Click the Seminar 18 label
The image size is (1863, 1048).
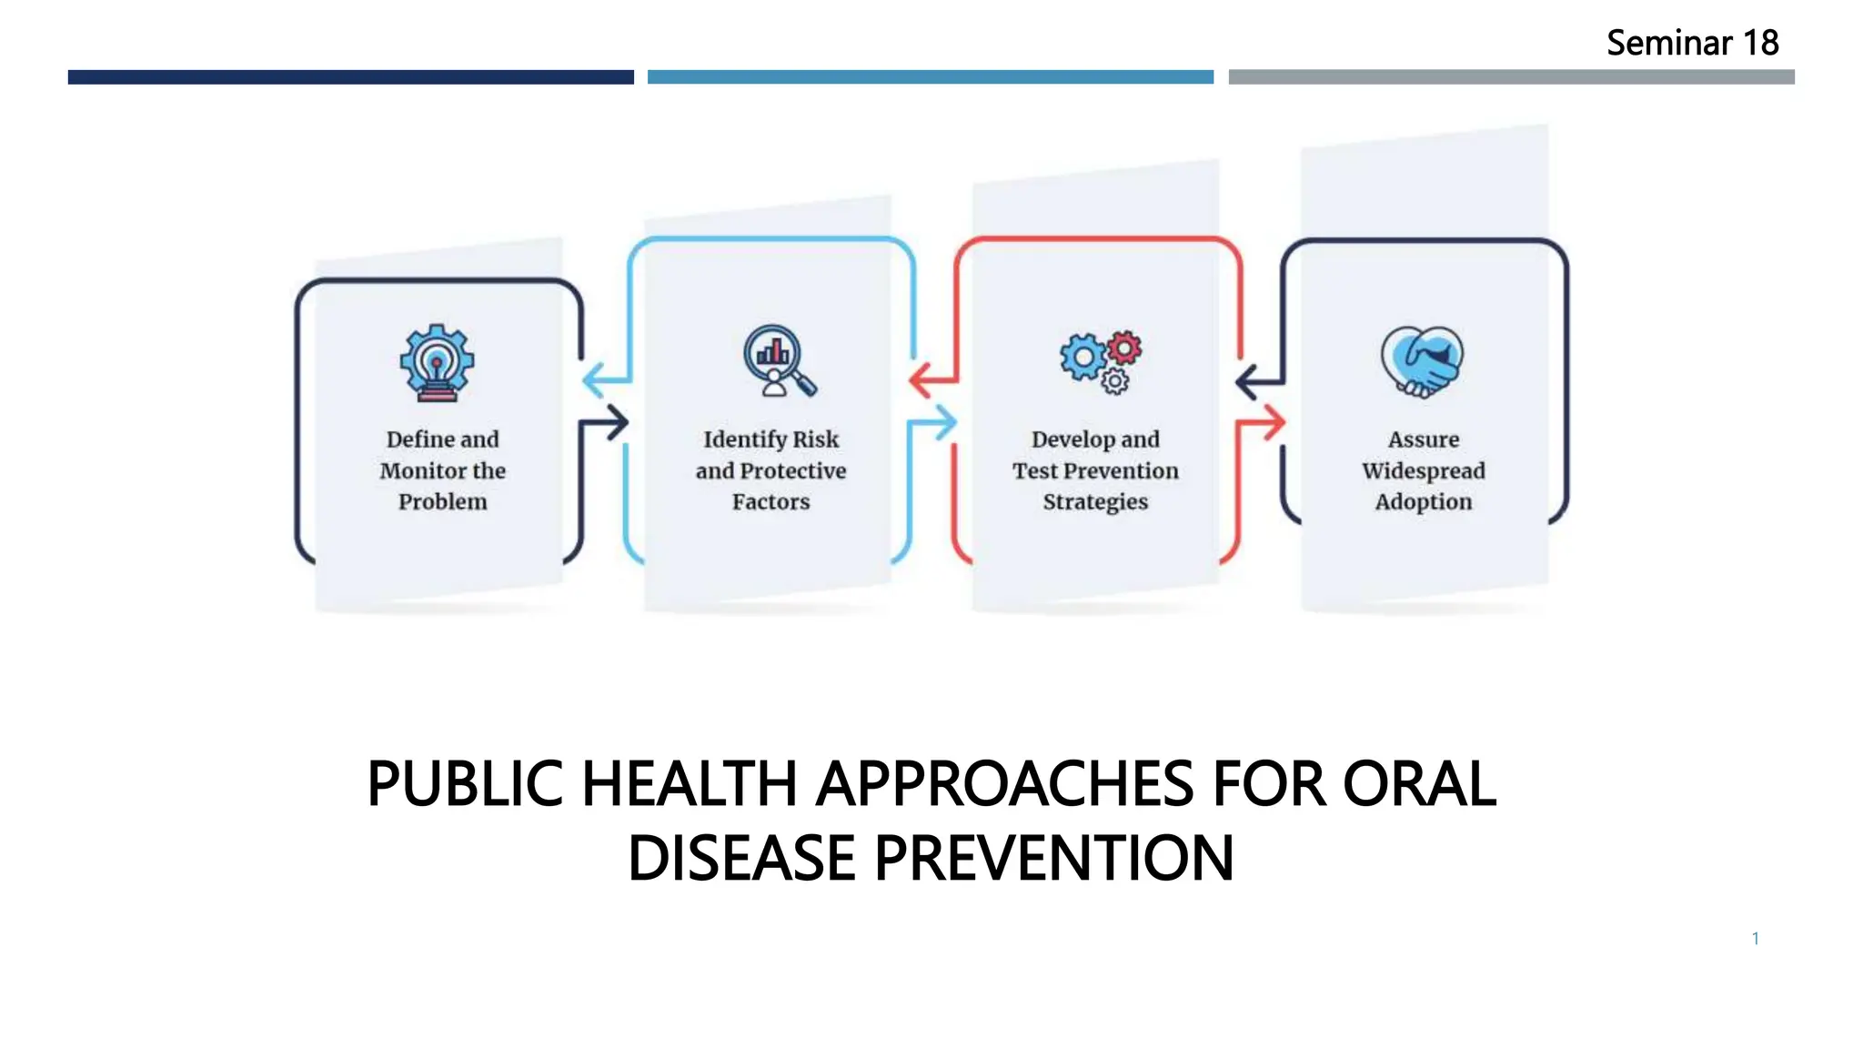coord(1691,43)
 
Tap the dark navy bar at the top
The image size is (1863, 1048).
coord(350,77)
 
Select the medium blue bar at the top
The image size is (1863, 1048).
coord(930,77)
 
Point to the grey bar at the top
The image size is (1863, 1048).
coord(1511,77)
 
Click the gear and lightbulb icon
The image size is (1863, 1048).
coord(437,362)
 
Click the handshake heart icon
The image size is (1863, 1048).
coord(1422,361)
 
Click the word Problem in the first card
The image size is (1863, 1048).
coord(443,502)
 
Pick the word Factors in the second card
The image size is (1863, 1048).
coord(770,502)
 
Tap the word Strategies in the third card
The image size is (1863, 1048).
coord(1095,502)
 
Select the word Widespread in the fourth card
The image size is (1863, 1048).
coord(1423,471)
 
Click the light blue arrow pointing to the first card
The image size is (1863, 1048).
coord(602,379)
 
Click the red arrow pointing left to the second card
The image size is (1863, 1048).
coord(930,379)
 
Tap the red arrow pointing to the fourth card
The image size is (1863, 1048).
coord(1264,423)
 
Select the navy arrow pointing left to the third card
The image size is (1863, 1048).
coord(1255,381)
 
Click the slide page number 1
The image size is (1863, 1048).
coord(1755,938)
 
